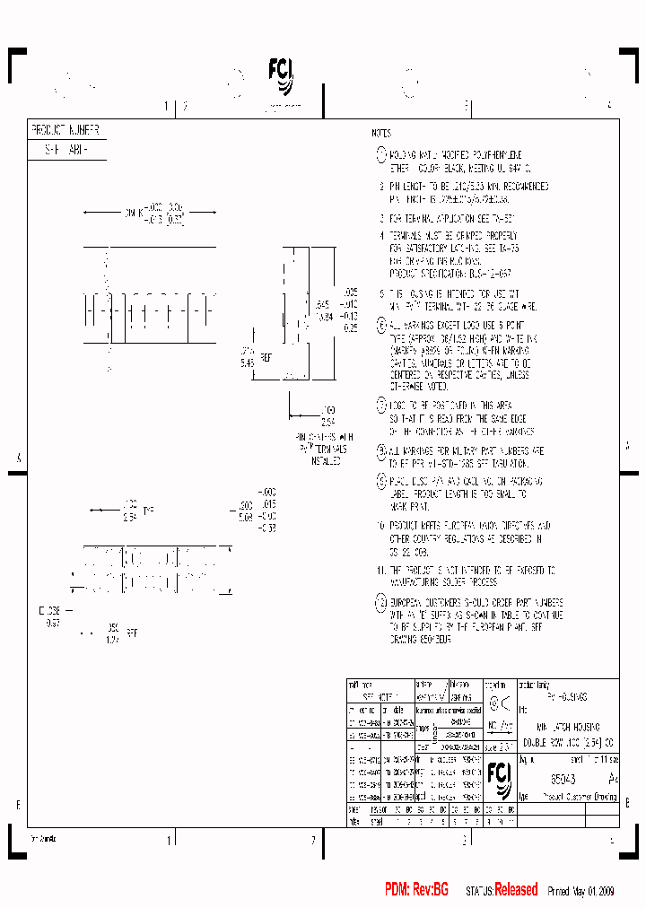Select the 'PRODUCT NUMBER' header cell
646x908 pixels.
pos(65,130)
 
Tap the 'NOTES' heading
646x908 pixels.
pos(381,132)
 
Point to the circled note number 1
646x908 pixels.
pos(381,154)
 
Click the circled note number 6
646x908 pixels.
pos(381,325)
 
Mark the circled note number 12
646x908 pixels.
pos(381,602)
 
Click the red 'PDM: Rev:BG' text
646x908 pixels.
pos(416,890)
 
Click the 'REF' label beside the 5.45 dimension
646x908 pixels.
pos(266,358)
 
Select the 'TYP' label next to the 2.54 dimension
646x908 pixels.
pos(149,511)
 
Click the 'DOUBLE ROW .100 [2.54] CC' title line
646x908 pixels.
pos(568,742)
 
